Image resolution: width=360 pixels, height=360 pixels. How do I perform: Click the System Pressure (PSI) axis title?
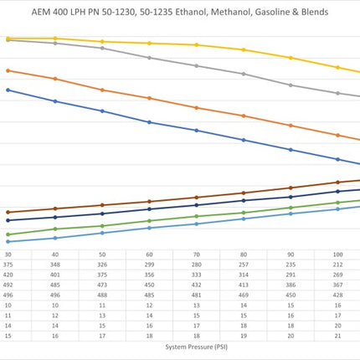[197, 347]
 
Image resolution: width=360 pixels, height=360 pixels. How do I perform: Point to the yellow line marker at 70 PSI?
[197, 44]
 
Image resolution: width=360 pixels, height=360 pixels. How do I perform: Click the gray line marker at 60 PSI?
[149, 58]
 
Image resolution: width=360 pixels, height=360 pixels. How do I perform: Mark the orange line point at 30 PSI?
[8, 70]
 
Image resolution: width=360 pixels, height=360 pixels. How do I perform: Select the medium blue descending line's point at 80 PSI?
[244, 140]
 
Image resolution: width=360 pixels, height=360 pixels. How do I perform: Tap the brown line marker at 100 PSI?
[337, 183]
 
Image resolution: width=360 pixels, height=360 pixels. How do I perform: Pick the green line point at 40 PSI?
[55, 229]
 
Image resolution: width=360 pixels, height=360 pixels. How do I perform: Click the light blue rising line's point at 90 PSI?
[291, 213]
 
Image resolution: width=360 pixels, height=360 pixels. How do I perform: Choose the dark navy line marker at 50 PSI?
[102, 213]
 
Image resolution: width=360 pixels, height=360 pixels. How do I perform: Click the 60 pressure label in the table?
[149, 255]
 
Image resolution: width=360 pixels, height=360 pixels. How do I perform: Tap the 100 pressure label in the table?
[337, 255]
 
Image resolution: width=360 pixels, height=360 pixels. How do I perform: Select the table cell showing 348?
[55, 265]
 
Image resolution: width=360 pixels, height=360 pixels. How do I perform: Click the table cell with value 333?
[197, 275]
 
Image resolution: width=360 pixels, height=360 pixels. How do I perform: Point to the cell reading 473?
[102, 285]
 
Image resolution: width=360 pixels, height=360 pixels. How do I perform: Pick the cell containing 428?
[337, 295]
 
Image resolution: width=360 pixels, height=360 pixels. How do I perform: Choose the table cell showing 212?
[337, 265]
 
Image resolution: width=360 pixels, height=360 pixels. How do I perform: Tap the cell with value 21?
[337, 336]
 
